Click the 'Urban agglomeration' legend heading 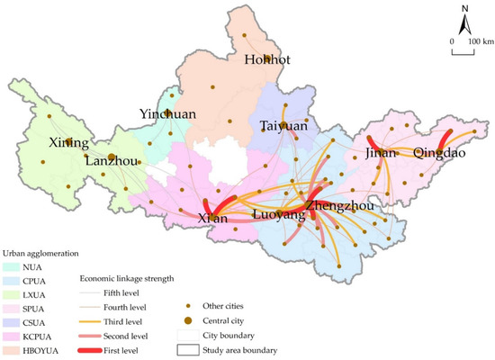(x=37, y=253)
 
